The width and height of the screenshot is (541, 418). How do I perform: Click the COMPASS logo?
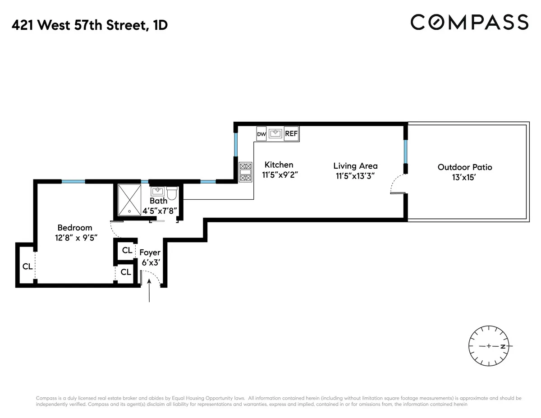pyautogui.click(x=469, y=22)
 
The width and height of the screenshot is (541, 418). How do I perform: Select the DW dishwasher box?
pyautogui.click(x=261, y=134)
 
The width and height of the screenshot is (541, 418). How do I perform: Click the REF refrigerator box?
pyautogui.click(x=292, y=133)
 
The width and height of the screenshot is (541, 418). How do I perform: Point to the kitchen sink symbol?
pyautogui.click(x=275, y=133)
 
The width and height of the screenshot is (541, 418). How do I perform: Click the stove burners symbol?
pyautogui.click(x=246, y=171)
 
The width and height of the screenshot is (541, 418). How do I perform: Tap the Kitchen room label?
pyautogui.click(x=279, y=165)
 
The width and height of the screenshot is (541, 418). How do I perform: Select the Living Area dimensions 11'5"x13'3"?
pyautogui.click(x=355, y=176)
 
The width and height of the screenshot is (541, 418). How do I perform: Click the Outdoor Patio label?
pyautogui.click(x=465, y=167)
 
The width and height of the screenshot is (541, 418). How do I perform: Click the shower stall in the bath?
pyautogui.click(x=130, y=198)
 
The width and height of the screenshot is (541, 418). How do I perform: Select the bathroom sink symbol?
pyautogui.click(x=158, y=191)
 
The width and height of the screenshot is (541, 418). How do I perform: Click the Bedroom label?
pyautogui.click(x=74, y=228)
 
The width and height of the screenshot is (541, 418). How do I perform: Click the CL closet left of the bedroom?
pyautogui.click(x=27, y=266)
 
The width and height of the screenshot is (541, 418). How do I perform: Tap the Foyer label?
pyautogui.click(x=150, y=253)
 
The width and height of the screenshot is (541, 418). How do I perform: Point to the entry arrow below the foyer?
pyautogui.click(x=149, y=291)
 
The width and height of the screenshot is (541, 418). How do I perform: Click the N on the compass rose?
pyautogui.click(x=502, y=346)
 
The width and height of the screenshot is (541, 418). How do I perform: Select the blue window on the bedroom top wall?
pyautogui.click(x=73, y=181)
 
